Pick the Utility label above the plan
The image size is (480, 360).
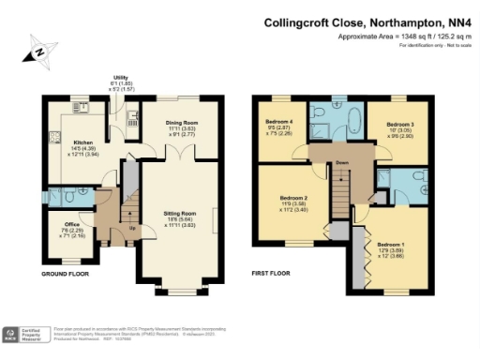[x=121, y=78]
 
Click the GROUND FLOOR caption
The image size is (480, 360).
[x=65, y=274]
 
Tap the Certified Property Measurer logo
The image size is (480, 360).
[x=28, y=335]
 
